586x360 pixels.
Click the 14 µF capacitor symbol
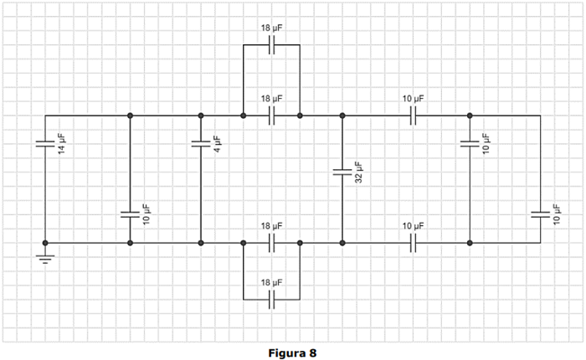[x=45, y=144]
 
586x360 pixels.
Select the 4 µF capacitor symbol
[x=201, y=144]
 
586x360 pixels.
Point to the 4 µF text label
[x=216, y=144]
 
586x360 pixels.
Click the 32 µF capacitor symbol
[x=342, y=172]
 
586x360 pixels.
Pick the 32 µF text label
[x=358, y=172]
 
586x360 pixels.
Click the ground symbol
[x=45, y=257]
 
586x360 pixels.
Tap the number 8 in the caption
[x=313, y=352]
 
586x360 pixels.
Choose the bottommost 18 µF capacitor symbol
[x=271, y=300]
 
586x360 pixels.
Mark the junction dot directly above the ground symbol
[x=45, y=243]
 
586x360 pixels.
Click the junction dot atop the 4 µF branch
[x=201, y=116]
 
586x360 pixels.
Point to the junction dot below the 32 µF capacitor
[x=342, y=243]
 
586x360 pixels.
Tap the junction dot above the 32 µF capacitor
[x=342, y=116]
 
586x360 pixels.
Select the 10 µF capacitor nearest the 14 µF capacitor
[x=130, y=214]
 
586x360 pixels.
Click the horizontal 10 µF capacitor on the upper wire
[x=413, y=116]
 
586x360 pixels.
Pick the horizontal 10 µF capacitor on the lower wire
[x=413, y=243]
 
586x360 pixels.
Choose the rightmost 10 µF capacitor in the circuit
[x=540, y=214]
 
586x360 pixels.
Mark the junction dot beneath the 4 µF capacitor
[x=201, y=243]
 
